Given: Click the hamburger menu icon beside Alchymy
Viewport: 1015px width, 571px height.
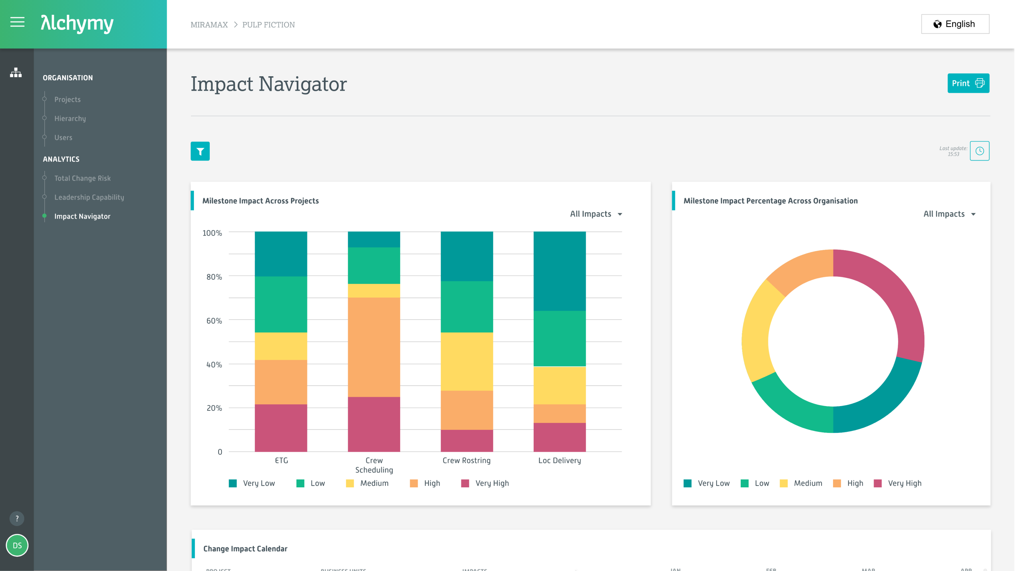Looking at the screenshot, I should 17,23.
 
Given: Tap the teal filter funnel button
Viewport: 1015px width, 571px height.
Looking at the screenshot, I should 200,151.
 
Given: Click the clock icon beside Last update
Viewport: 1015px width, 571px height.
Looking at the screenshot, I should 979,151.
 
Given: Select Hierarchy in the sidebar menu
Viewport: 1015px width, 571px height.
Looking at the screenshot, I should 70,118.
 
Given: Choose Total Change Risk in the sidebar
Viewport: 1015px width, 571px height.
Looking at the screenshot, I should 82,178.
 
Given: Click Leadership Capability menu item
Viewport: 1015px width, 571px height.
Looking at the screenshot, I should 89,197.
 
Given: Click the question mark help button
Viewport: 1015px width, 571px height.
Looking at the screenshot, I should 17,518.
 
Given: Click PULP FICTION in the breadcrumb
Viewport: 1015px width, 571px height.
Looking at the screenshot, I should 268,25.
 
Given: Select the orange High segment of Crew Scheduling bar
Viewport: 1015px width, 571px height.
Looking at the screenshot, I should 374,347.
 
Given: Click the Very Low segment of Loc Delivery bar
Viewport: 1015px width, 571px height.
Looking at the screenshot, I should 560,271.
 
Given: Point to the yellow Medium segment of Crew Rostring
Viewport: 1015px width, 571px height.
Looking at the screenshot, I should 467,361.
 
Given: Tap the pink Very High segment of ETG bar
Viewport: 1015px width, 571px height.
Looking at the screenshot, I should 281,428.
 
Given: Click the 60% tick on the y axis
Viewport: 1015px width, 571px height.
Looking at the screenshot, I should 214,320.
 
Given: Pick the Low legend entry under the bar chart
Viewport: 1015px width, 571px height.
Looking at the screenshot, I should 311,483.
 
